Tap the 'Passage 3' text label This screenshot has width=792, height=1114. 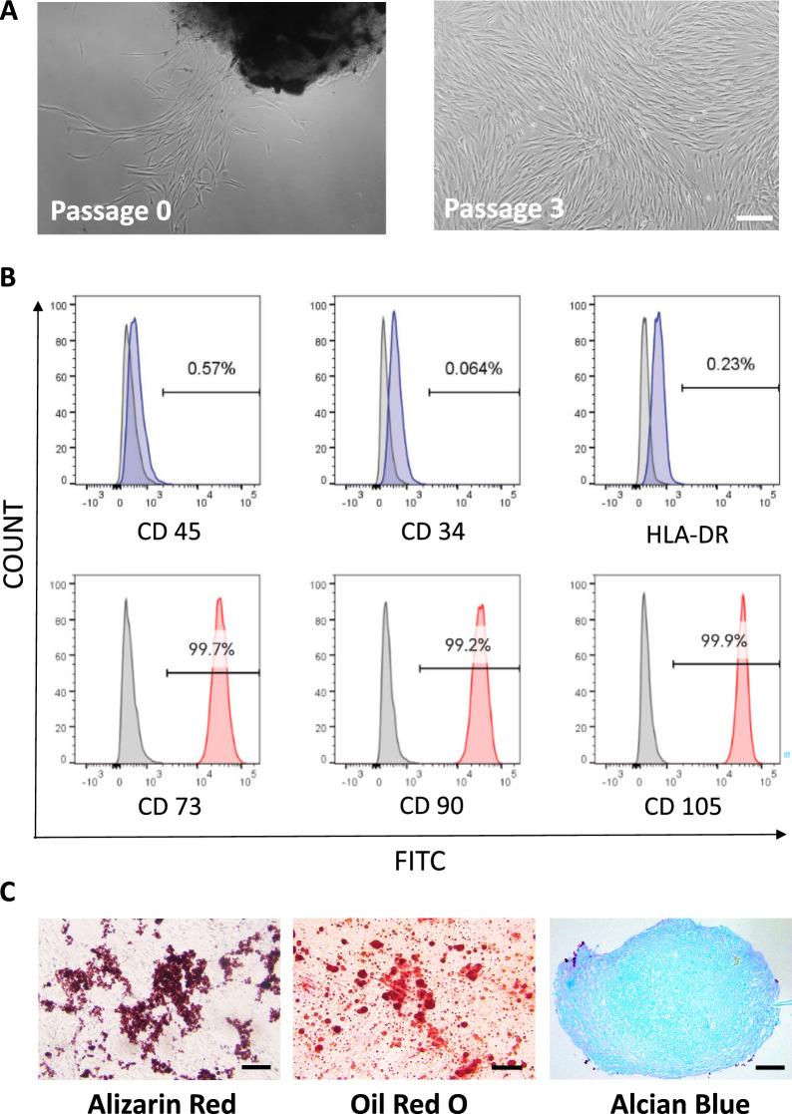[504, 210]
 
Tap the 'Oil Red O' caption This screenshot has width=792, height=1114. [413, 1096]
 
